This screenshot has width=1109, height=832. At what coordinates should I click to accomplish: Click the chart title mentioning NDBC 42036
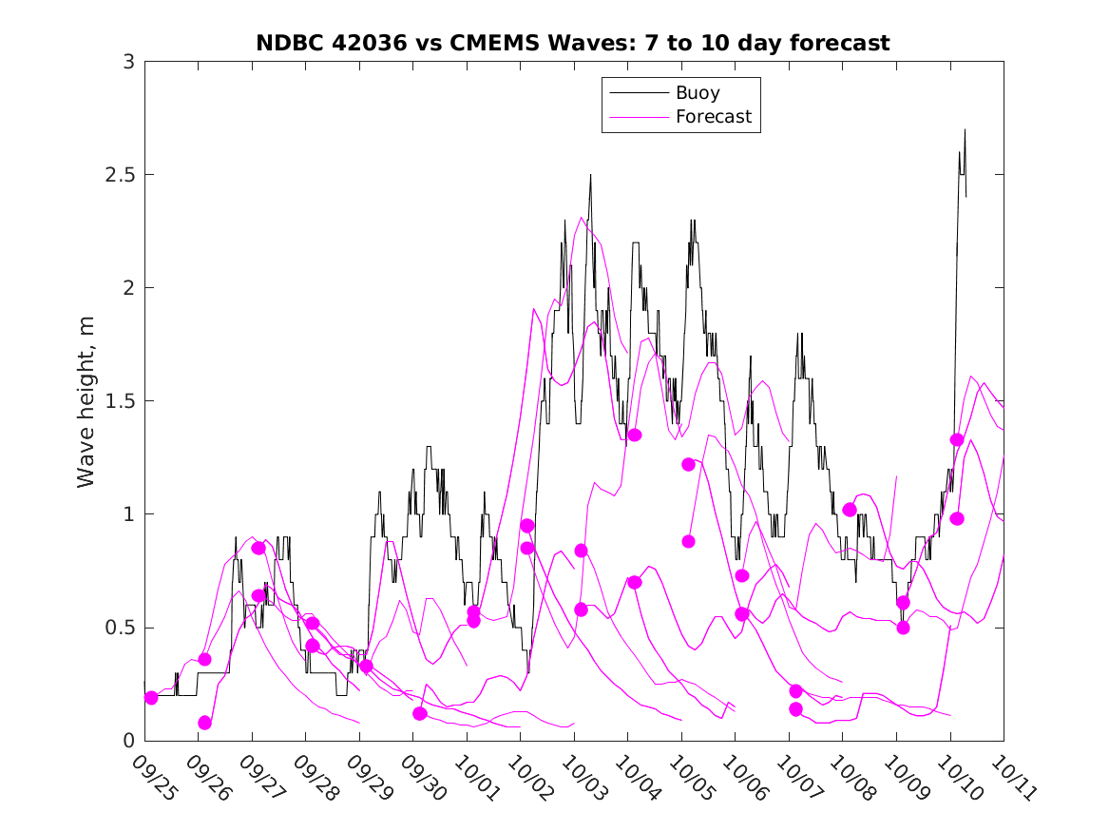(573, 43)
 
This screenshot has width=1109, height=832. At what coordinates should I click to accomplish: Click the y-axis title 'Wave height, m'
(86, 401)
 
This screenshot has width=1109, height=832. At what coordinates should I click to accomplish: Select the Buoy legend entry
(698, 93)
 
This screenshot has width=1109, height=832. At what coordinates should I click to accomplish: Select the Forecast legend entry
(713, 117)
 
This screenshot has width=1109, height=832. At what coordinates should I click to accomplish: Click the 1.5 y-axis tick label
(120, 402)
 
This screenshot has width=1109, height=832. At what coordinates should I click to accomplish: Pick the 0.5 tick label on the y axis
(120, 629)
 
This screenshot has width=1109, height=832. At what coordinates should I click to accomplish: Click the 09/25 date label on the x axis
(154, 777)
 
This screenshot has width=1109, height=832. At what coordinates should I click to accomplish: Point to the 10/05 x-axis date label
(689, 777)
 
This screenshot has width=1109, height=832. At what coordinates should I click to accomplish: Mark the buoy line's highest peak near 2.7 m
(965, 130)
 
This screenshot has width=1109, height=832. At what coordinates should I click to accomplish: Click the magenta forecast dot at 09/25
(151, 698)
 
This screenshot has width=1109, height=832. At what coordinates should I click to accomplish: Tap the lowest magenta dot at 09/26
(204, 723)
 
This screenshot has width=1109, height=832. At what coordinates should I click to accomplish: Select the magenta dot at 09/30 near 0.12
(420, 713)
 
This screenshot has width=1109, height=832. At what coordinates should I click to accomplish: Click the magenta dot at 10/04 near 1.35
(635, 435)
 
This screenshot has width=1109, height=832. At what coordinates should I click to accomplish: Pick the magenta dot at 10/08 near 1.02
(850, 510)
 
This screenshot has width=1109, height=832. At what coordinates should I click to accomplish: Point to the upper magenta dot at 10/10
(957, 439)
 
